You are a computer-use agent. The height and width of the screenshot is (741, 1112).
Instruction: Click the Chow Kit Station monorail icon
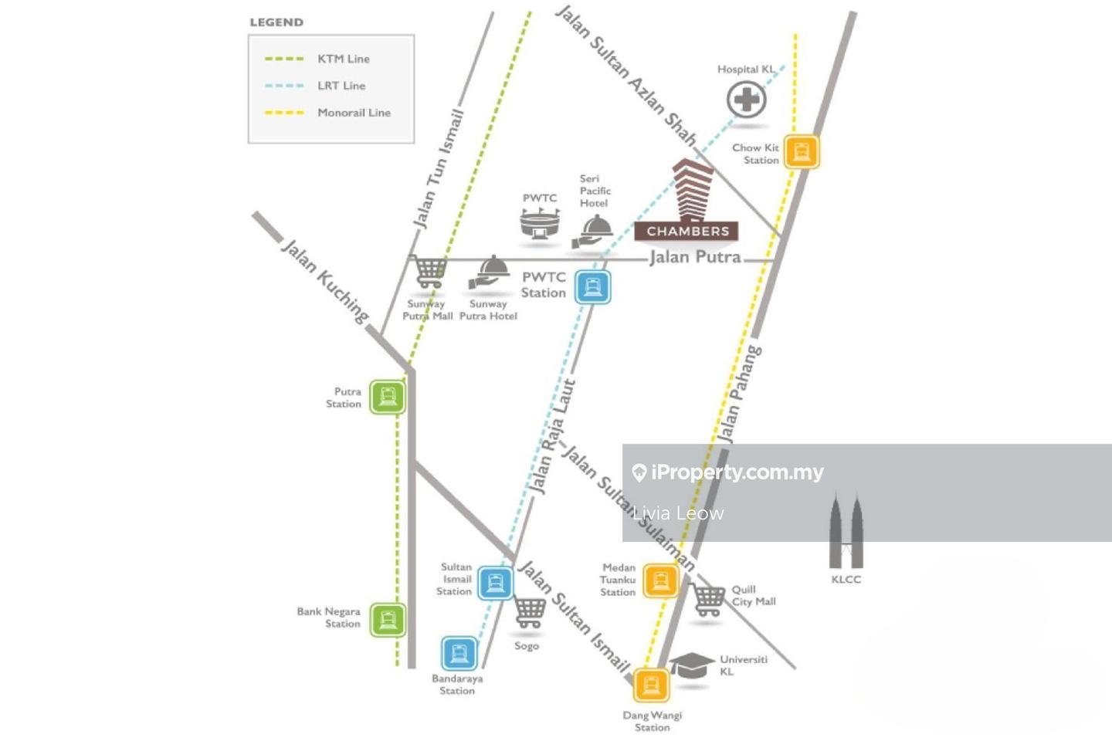point(802,152)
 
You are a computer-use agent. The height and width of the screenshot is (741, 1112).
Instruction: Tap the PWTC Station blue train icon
point(592,287)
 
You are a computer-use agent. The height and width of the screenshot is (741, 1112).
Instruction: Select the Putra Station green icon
point(387,398)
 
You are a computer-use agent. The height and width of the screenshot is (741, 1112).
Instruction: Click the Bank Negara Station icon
point(387,619)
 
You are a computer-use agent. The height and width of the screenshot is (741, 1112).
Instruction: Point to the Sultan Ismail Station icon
point(495,583)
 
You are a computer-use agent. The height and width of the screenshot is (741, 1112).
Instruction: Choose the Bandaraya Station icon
point(459,654)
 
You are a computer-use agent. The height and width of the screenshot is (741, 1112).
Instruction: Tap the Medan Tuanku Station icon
point(660,580)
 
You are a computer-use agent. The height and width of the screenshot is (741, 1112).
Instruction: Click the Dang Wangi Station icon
point(651,685)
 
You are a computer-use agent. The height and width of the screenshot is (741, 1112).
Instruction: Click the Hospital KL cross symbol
point(747,100)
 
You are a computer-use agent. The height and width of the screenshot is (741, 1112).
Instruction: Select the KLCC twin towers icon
point(846,533)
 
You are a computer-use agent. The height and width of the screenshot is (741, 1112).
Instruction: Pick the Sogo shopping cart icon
point(529,613)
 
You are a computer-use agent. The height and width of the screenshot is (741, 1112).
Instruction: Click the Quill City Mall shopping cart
point(707,599)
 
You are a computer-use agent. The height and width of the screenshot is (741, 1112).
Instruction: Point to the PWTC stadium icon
point(540,225)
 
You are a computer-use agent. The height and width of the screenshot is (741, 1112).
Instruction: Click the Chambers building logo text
point(687,231)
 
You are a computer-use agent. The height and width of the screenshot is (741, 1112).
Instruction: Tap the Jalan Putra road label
point(695,257)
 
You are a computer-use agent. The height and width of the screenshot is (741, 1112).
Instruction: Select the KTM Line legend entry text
point(344,59)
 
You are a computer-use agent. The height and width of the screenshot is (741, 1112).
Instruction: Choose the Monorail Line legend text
point(354,113)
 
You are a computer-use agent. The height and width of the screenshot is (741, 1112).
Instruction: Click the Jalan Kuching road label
point(325,280)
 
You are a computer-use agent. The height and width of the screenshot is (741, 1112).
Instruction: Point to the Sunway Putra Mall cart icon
point(429,271)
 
